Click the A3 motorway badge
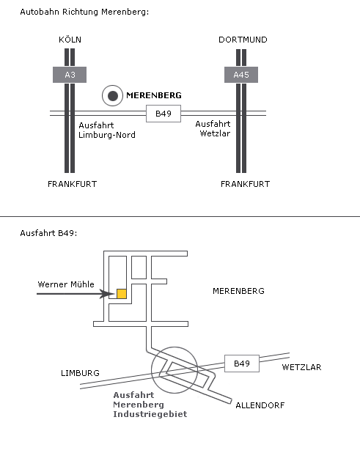(70, 75)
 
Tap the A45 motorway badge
(240, 75)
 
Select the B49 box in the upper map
(163, 114)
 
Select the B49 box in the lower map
(241, 363)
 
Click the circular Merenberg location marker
(111, 95)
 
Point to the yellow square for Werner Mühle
(122, 294)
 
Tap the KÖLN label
(70, 40)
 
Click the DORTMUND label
(242, 40)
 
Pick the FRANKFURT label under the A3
(72, 184)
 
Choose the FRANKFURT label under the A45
(245, 184)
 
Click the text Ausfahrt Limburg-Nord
(106, 130)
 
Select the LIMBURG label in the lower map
(80, 373)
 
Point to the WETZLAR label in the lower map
(301, 367)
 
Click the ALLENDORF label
(259, 405)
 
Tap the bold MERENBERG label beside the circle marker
(154, 95)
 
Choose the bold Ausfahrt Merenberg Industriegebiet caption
(150, 405)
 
